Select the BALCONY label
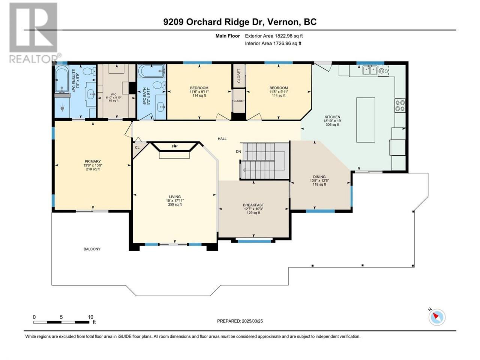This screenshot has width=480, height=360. pyautogui.click(x=92, y=249)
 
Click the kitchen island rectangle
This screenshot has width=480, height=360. pyautogui.click(x=366, y=120)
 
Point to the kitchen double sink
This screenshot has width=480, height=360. pyautogui.click(x=370, y=70)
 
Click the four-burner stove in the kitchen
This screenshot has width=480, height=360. pyautogui.click(x=400, y=106)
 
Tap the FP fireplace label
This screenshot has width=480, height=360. pyautogui.click(x=174, y=146)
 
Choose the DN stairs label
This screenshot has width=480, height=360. pyautogui.click(x=238, y=151)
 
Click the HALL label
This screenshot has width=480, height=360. pyautogui.click(x=222, y=139)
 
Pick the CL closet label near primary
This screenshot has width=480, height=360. pyautogui.click(x=137, y=147)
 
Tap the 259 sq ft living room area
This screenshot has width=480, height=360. pyautogui.click(x=175, y=205)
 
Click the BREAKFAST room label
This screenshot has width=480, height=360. pyautogui.click(x=253, y=205)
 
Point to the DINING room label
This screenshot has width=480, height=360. pyautogui.click(x=319, y=177)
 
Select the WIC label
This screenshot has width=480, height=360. pyautogui.click(x=114, y=94)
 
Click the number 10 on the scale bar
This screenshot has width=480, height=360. pyautogui.click(x=90, y=317)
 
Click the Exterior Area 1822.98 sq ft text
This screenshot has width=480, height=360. pyautogui.click(x=274, y=36)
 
